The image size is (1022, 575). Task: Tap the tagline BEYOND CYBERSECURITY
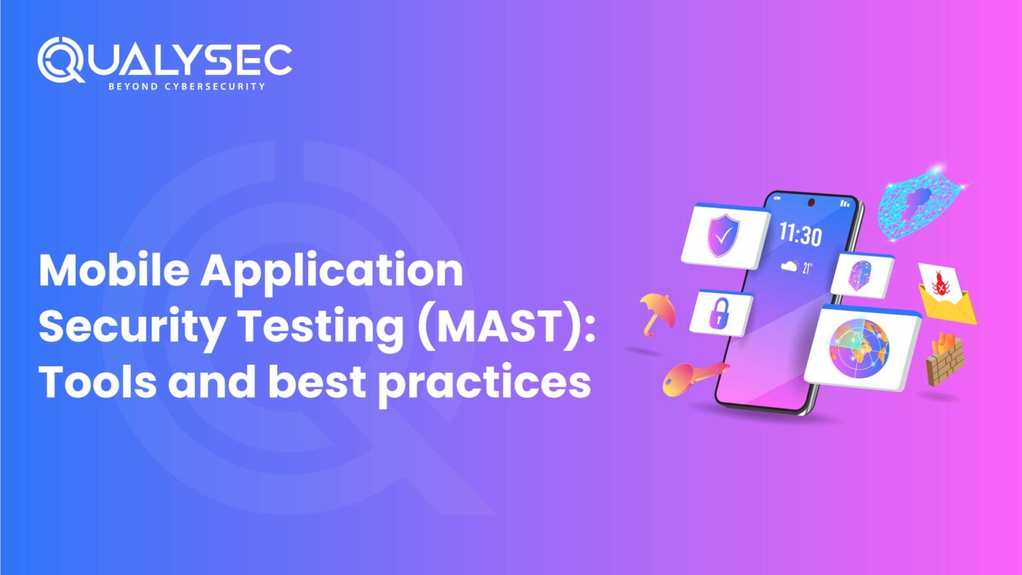(x=186, y=87)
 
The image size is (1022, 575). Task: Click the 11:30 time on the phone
(x=800, y=234)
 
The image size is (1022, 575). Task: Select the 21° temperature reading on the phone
(x=807, y=268)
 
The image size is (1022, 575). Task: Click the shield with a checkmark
(x=723, y=235)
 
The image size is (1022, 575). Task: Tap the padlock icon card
(x=720, y=312)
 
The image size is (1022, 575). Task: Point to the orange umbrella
(x=657, y=311)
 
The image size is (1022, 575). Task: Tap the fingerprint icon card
(x=861, y=275)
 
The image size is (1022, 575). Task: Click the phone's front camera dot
(x=810, y=202)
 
